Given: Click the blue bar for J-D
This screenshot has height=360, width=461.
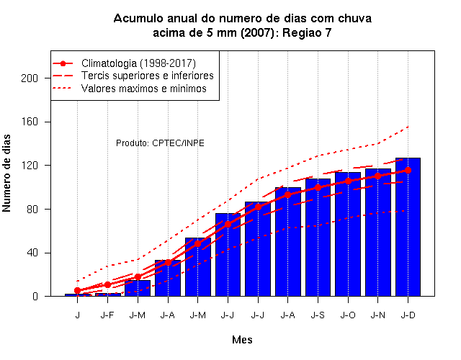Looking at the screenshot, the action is click(408, 227).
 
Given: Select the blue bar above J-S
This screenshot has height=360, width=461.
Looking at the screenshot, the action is click(318, 238).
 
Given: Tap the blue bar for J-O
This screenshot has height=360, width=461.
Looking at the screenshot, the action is click(348, 234).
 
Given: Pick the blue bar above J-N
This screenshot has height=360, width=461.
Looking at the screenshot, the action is click(377, 233).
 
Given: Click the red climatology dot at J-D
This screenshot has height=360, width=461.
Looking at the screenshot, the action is click(408, 170).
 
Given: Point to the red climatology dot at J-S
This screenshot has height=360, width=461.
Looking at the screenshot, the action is click(318, 187).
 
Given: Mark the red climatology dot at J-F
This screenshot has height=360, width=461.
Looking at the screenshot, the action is click(107, 284).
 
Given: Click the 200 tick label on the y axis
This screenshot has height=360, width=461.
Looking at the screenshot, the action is click(30, 78).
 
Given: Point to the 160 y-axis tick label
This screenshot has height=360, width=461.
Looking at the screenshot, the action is click(30, 122).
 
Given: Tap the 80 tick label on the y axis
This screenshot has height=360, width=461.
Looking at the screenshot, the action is click(32, 210).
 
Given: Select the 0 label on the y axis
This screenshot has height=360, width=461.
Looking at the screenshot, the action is click(35, 296).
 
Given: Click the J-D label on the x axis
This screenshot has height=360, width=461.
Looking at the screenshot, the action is click(408, 315).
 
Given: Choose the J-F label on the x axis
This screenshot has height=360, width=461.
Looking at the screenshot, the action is click(107, 315).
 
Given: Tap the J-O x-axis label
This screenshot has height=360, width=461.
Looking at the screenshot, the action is click(348, 315).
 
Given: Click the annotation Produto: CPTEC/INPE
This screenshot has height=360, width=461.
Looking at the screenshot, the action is click(160, 143).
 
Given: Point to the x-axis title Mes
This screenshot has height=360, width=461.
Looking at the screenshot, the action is click(242, 340).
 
